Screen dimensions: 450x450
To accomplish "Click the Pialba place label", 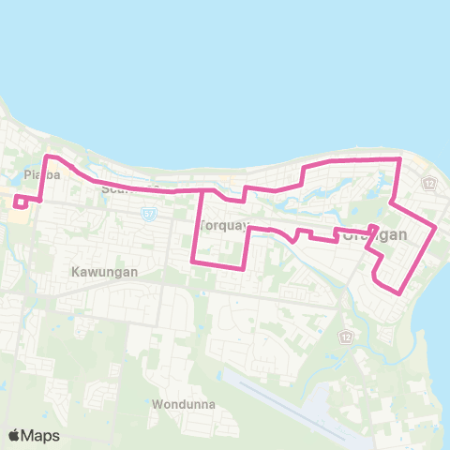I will click(x=36, y=174).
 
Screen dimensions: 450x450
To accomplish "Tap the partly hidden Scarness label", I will click(x=119, y=187).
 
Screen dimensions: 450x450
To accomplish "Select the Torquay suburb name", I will click(x=222, y=226).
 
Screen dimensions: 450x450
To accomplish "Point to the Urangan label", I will click(x=375, y=235).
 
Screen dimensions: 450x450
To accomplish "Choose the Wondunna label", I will click(x=183, y=405).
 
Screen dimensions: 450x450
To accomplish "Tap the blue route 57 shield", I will click(x=147, y=214).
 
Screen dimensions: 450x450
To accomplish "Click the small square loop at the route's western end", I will click(x=21, y=202).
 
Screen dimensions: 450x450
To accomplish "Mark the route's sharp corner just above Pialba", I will click(x=48, y=157).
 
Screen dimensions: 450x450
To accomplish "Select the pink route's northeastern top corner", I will click(x=400, y=159).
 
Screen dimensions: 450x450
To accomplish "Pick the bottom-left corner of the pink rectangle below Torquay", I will click(x=193, y=262).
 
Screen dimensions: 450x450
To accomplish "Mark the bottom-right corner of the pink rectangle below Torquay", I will click(x=245, y=268).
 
